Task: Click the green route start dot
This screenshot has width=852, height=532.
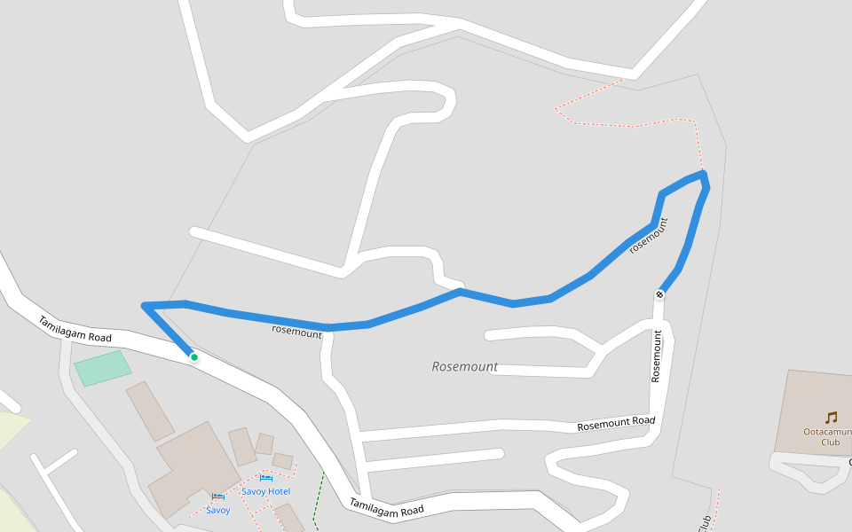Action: pyautogui.click(x=193, y=357)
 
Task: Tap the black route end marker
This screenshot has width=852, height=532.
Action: pyautogui.click(x=660, y=293)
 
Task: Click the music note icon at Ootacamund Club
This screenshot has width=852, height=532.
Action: pyautogui.click(x=831, y=417)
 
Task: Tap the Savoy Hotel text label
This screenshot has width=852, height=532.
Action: pyautogui.click(x=266, y=491)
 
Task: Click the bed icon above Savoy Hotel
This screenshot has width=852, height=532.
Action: pyautogui.click(x=266, y=478)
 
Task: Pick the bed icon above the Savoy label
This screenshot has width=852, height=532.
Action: pyautogui.click(x=218, y=497)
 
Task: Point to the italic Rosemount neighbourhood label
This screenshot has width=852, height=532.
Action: pyautogui.click(x=464, y=366)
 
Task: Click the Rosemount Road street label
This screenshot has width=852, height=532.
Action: pyautogui.click(x=616, y=424)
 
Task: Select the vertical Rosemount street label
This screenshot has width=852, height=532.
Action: pyautogui.click(x=657, y=356)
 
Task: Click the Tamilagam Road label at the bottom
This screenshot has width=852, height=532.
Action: pyautogui.click(x=386, y=508)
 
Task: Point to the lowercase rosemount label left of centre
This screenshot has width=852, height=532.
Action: pyautogui.click(x=296, y=332)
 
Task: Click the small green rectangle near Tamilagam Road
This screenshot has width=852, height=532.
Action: pyautogui.click(x=103, y=367)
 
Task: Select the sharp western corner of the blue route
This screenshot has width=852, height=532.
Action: pyautogui.click(x=145, y=306)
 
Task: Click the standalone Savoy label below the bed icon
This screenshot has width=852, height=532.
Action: pyautogui.click(x=218, y=510)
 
